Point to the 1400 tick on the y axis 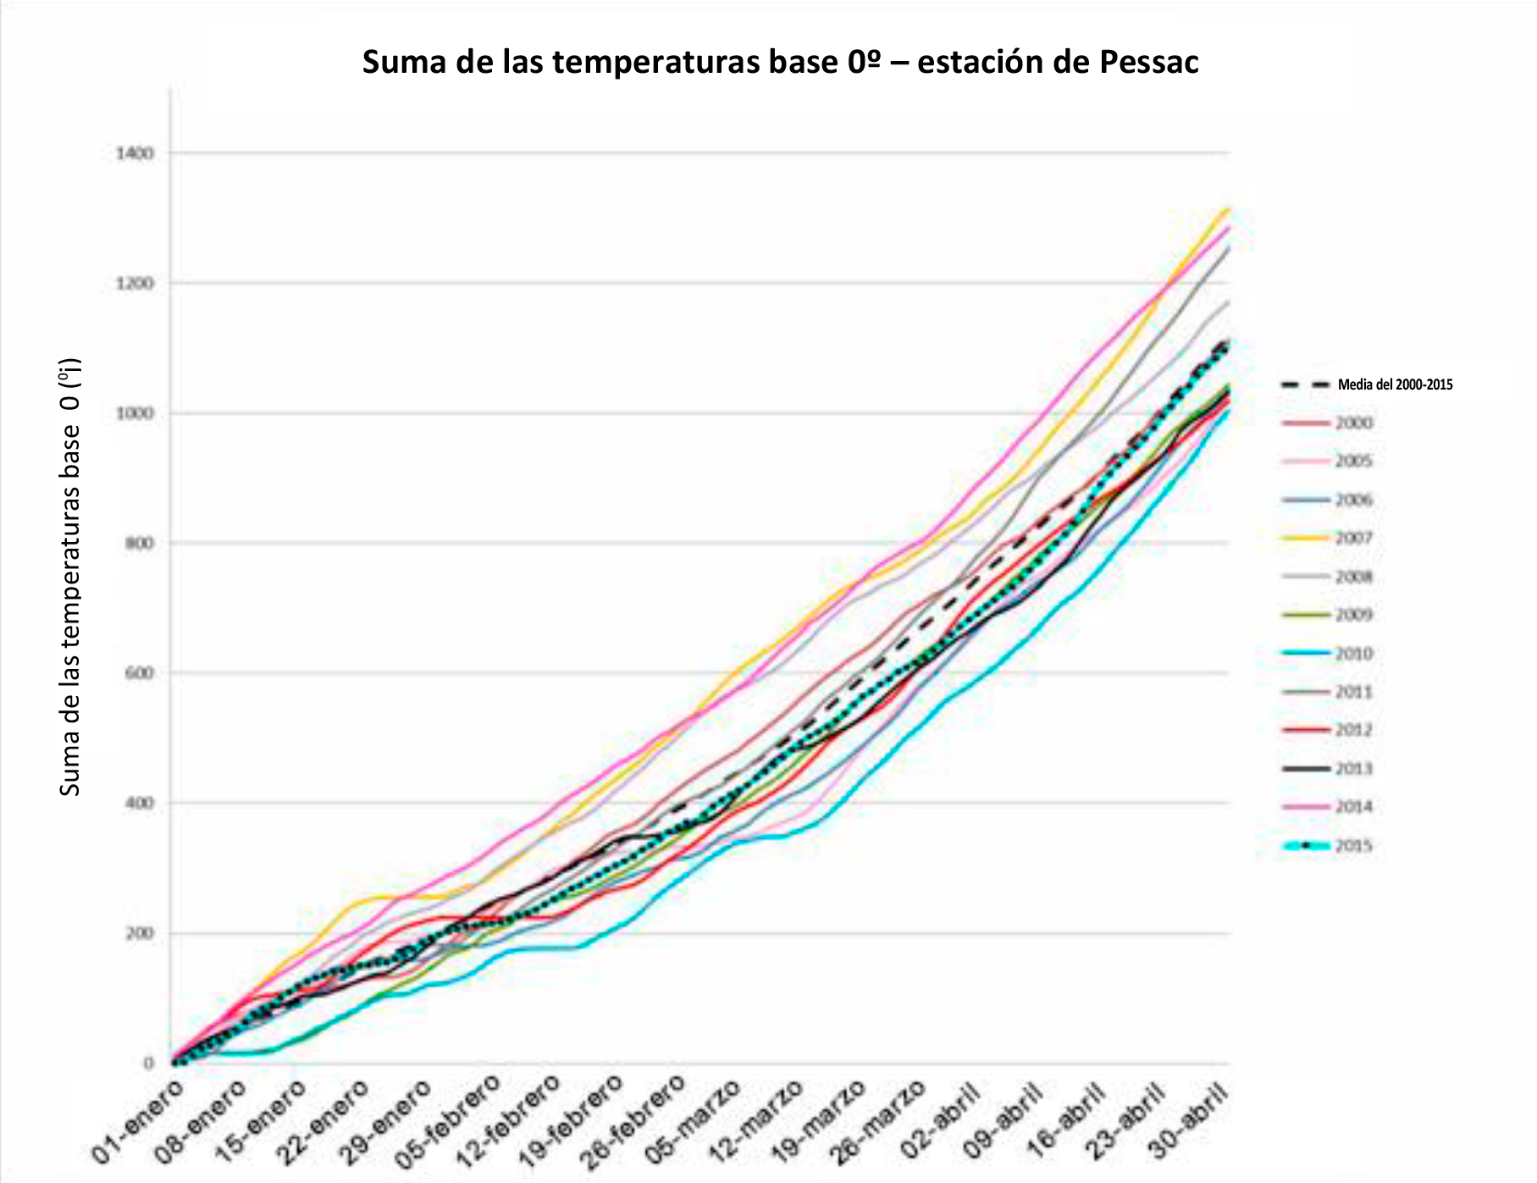(135, 153)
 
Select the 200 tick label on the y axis (140, 933)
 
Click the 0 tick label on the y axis (149, 1064)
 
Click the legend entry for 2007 (1353, 538)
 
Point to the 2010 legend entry (1353, 653)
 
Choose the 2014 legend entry (1353, 806)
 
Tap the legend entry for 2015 (1353, 845)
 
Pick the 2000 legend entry (1353, 423)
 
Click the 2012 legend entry (1353, 730)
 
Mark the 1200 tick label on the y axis (135, 283)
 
